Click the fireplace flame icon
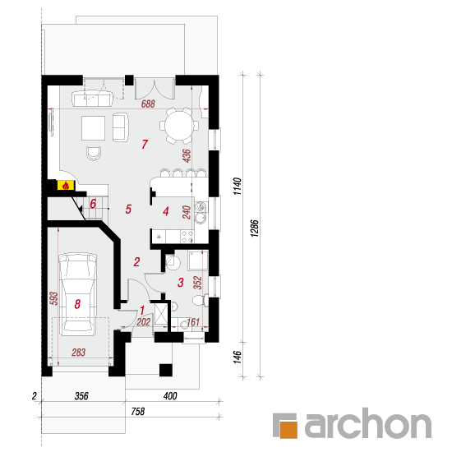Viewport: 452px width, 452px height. [x=66, y=186]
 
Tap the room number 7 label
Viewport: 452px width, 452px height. [x=145, y=144]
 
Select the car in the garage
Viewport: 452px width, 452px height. [x=77, y=294]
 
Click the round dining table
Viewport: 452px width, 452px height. [x=179, y=126]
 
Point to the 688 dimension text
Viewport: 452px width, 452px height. [x=148, y=104]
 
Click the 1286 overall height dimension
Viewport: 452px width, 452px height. [x=254, y=228]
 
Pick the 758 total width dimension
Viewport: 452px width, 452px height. [x=138, y=412]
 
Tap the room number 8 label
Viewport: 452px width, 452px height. [x=77, y=304]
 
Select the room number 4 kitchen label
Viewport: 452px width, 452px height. [x=165, y=211]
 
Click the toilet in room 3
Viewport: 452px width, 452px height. [x=200, y=301]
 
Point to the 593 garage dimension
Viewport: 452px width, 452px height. [x=53, y=298]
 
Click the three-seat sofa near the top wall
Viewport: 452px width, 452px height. [x=92, y=99]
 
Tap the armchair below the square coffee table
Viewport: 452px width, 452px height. [x=94, y=153]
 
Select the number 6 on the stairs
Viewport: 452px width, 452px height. [x=93, y=204]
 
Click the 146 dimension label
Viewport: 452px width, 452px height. [x=237, y=357]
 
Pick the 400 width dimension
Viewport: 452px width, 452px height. [x=170, y=396]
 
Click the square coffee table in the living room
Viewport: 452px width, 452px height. [x=93, y=128]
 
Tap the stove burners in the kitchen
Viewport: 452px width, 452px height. [x=187, y=237]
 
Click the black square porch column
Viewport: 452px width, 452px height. [x=166, y=370]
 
